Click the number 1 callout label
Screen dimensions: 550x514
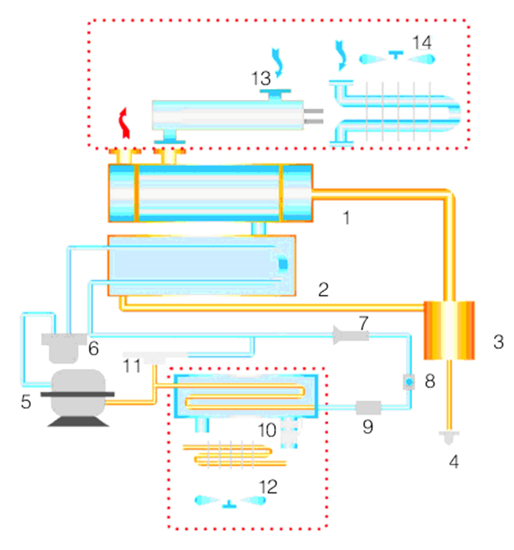[x=347, y=218]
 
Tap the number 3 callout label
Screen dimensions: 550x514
[x=498, y=341]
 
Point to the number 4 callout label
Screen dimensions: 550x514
[x=453, y=462]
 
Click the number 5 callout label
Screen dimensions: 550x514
[x=26, y=402]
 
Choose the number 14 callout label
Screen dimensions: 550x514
[x=422, y=43]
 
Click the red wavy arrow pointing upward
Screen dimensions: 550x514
[x=123, y=121]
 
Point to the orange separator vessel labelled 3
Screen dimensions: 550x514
[x=449, y=330]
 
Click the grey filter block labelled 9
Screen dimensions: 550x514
[x=368, y=407]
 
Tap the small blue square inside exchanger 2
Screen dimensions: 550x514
[x=283, y=263]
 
